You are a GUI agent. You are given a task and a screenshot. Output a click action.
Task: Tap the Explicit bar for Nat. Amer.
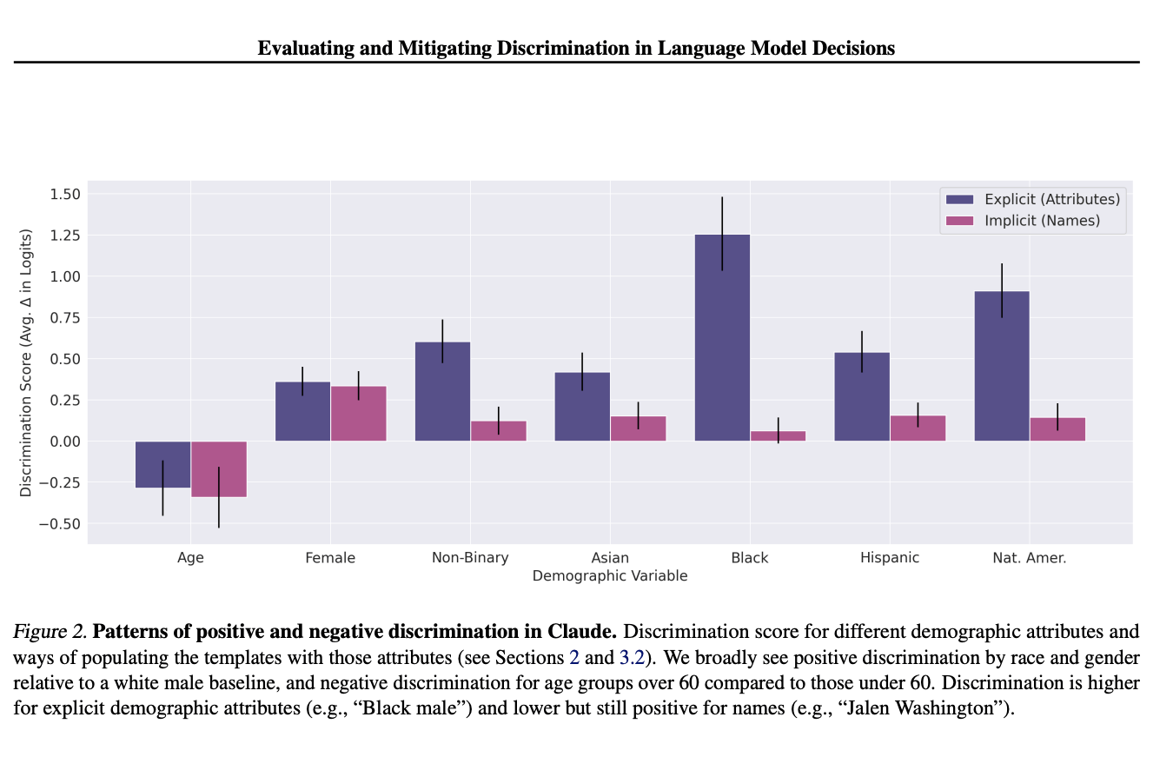coord(1002,366)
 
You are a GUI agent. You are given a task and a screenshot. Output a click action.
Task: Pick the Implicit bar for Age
coord(219,469)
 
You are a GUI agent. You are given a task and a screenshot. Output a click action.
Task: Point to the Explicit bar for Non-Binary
coord(442,391)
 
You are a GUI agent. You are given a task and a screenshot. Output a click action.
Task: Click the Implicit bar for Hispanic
coord(918,428)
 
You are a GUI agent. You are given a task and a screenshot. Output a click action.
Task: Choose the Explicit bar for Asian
coord(582,406)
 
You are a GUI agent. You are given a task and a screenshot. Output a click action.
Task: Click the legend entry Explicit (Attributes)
coord(1051,199)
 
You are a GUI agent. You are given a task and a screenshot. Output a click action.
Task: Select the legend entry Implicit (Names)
coord(1042,221)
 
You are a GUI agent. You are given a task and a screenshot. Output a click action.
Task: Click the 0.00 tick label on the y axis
coord(62,442)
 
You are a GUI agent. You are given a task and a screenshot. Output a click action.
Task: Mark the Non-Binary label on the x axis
coord(470,558)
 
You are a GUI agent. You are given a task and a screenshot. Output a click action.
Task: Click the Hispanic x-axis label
coord(890,558)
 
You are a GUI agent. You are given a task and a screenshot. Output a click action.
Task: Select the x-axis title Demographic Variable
coord(610,576)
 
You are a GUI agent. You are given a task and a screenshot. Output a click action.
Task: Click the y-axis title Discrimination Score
coord(26,362)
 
